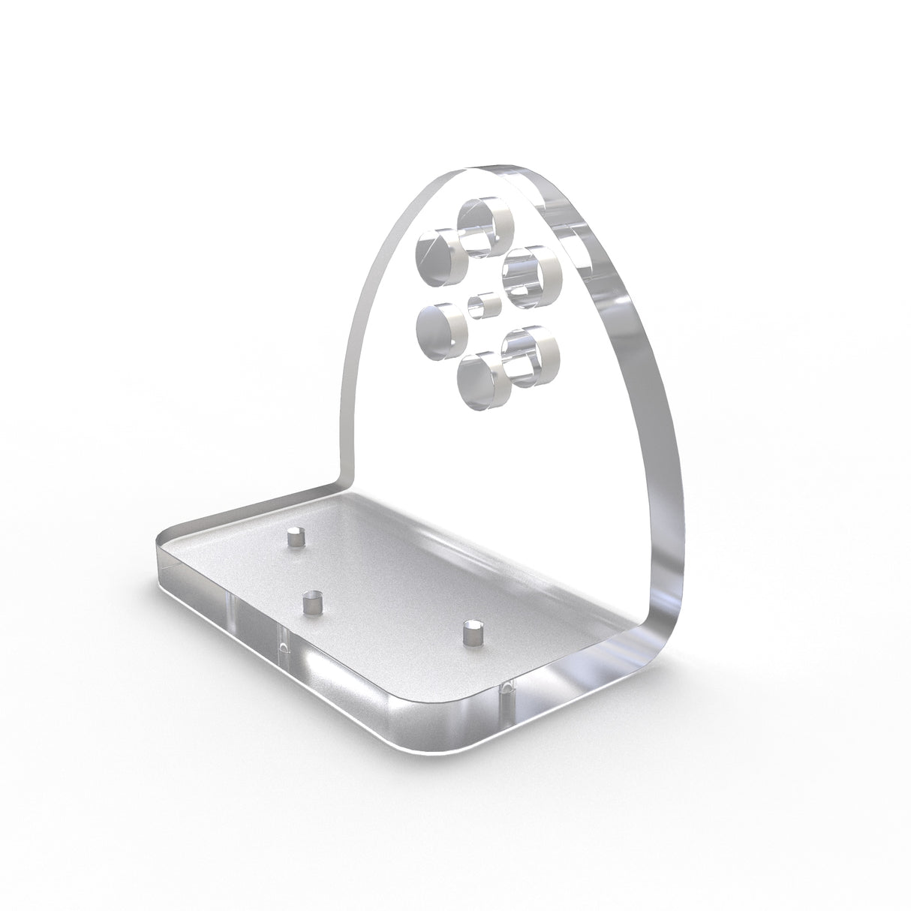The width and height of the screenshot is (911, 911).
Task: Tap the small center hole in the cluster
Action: pyautogui.click(x=485, y=306)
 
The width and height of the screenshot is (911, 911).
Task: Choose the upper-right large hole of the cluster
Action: pyautogui.click(x=534, y=276)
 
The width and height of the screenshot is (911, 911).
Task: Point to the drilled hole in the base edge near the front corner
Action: pyautogui.click(x=507, y=689)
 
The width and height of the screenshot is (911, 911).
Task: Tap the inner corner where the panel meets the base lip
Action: pyautogui.click(x=344, y=478)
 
